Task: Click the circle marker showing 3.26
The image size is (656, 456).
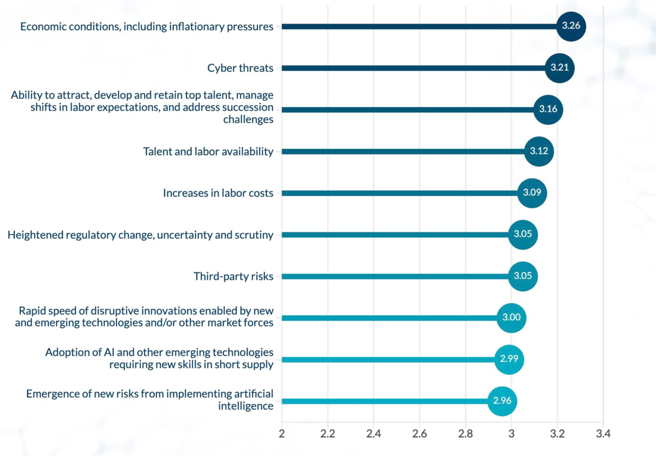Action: coord(571,26)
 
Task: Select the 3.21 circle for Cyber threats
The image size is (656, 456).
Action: coord(559,67)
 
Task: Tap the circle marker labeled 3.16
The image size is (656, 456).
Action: coord(548,109)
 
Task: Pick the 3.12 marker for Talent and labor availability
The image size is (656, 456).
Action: coord(539,151)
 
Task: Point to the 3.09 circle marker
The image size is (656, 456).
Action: coord(532,193)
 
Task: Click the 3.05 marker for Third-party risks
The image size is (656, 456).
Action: coord(523,276)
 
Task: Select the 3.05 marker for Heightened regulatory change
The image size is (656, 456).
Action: coord(523,234)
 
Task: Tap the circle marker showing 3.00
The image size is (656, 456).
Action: coord(511,318)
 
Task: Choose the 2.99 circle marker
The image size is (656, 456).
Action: coord(509,359)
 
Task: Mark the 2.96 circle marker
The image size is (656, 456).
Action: coord(502,401)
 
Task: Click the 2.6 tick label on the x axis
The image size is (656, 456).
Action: coord(419,434)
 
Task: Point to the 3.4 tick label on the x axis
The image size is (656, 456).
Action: coord(603,434)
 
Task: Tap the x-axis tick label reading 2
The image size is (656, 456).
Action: coord(281,434)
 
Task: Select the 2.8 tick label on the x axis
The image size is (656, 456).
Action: coord(465,434)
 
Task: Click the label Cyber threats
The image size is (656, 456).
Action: coord(240,68)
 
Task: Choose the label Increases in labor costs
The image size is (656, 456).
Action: coord(218,193)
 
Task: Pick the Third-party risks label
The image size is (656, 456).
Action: coord(233,276)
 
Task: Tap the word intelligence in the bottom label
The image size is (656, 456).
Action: coord(246,406)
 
